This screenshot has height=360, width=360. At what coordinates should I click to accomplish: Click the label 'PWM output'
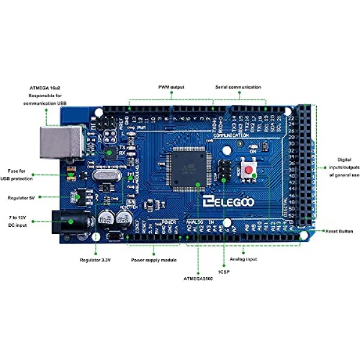171,87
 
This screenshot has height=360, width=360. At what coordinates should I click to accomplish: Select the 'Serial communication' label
238,87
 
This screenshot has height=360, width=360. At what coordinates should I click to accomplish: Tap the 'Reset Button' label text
339,230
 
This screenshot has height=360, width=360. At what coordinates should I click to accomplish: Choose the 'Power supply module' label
154,260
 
